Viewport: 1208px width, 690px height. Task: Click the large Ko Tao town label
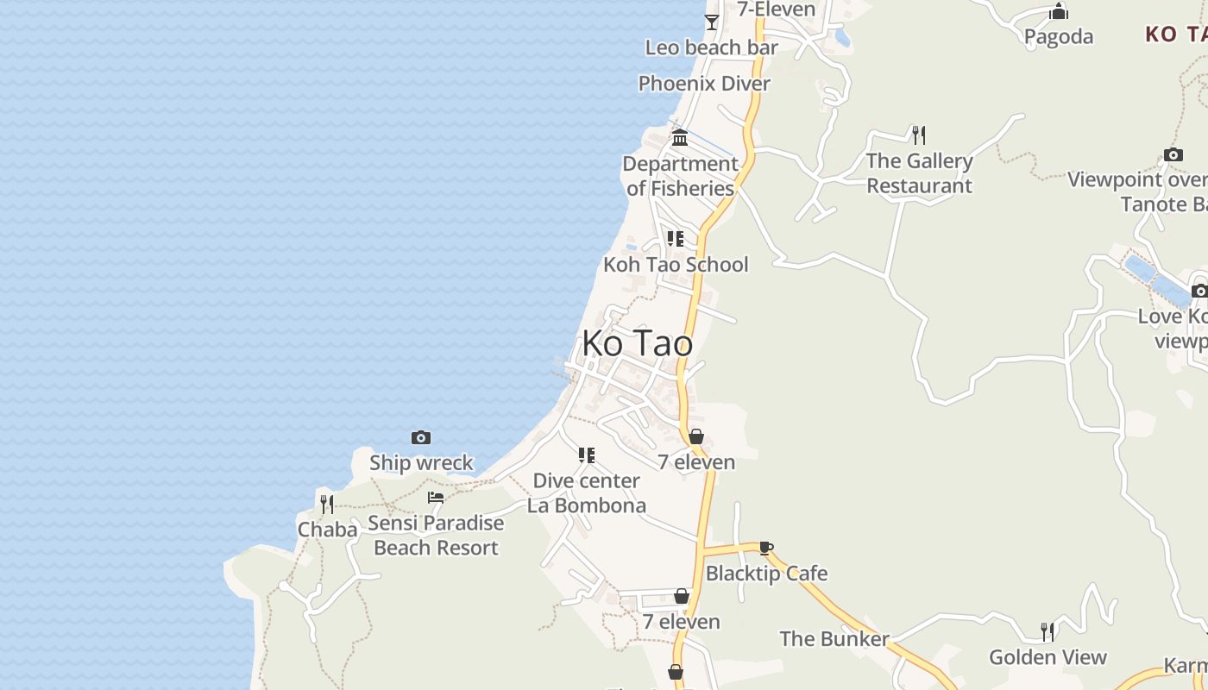637,343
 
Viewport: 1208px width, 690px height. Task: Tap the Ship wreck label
421,462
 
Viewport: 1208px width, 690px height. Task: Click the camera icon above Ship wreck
421,438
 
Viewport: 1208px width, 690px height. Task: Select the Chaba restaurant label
327,529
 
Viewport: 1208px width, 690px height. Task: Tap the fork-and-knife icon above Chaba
327,504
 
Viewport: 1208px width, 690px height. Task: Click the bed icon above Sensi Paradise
436,498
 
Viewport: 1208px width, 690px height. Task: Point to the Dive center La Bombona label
587,492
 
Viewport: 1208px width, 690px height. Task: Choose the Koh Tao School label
676,264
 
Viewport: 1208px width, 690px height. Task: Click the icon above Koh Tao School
676,239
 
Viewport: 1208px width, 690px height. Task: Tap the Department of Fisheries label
680,176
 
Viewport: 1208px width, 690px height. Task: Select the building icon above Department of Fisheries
680,138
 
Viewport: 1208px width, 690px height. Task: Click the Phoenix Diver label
704,84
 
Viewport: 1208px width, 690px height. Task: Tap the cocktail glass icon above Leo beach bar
712,22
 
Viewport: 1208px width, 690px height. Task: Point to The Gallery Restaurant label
919,172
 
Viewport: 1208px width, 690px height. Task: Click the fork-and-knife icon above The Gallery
919,135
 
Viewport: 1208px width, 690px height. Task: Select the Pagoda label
1059,36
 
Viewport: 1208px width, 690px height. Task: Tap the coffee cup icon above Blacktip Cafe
765,548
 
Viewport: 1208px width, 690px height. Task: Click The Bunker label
834,639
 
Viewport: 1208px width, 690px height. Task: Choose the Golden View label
1048,657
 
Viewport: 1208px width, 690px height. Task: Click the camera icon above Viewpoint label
1173,155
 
